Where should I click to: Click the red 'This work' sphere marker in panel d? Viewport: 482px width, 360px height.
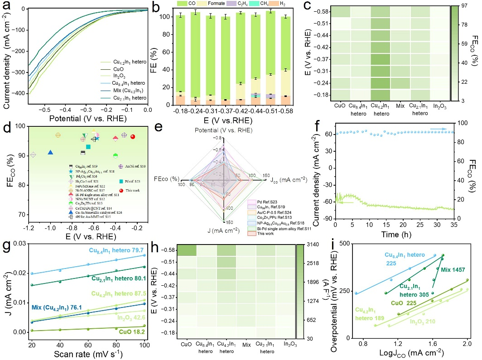pos(133,137)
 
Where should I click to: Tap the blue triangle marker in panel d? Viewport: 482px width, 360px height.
pos(50,152)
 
